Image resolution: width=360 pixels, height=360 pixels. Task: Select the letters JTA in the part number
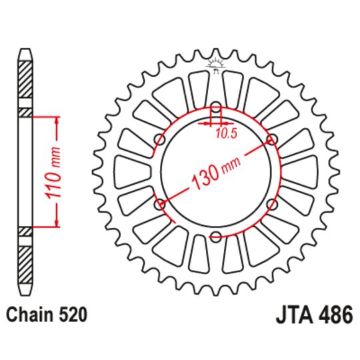click(x=293, y=314)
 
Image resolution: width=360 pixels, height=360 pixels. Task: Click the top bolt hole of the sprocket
click(x=215, y=107)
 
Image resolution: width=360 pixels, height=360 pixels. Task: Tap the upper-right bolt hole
click(x=271, y=139)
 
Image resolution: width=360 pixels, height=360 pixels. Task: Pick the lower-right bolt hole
click(x=271, y=204)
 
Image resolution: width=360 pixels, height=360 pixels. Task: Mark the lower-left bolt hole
click(x=159, y=204)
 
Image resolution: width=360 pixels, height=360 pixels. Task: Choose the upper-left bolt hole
click(x=159, y=139)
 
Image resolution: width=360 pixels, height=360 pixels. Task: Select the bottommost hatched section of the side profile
click(x=25, y=265)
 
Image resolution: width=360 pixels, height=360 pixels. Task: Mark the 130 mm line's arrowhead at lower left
click(x=165, y=201)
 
